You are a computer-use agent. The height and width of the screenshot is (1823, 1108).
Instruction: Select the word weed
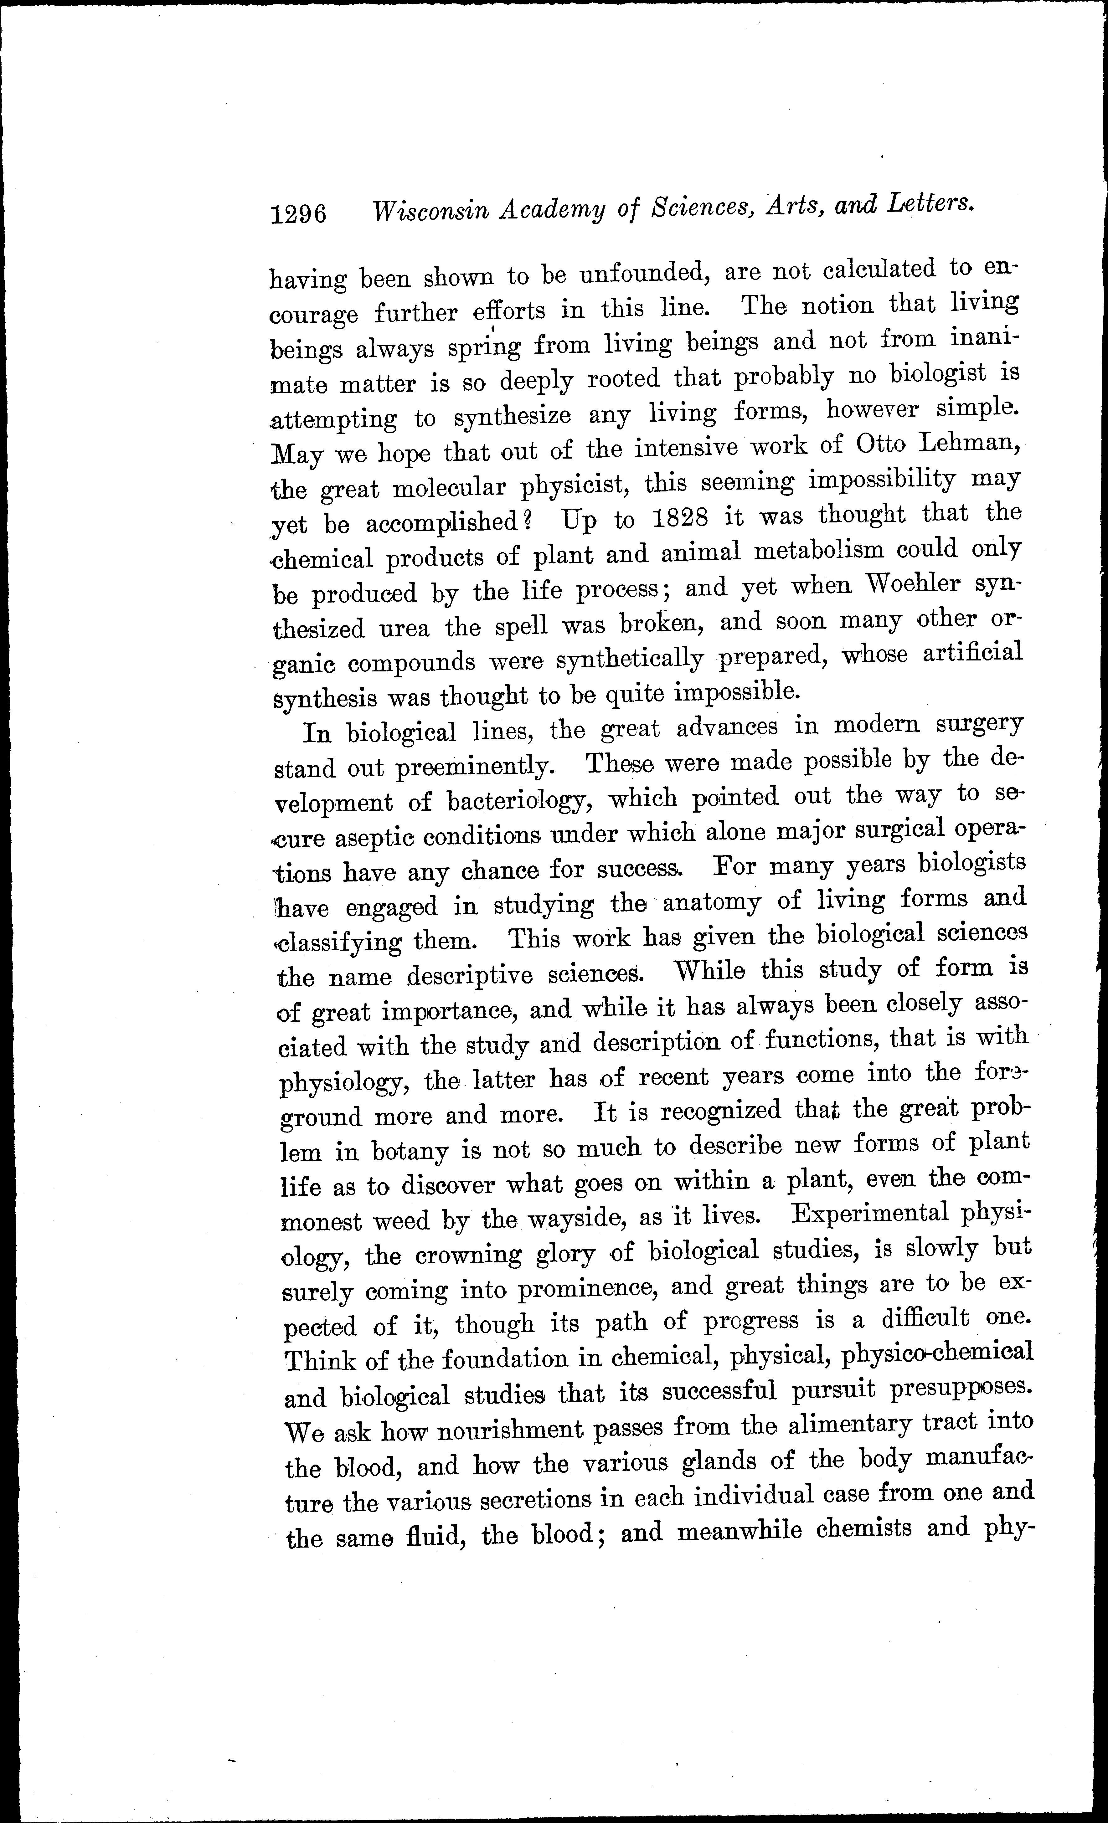click(400, 1221)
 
